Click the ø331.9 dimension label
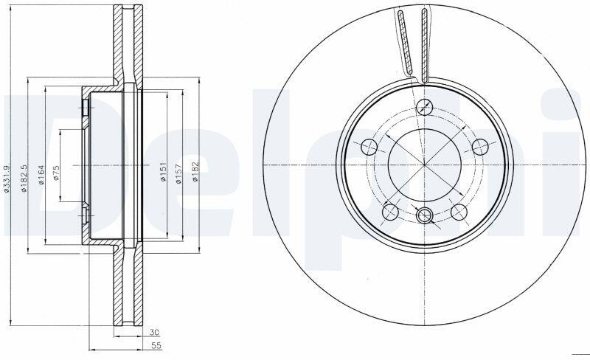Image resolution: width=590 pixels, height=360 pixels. click(x=6, y=179)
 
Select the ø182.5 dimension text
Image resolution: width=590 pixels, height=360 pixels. click(x=24, y=179)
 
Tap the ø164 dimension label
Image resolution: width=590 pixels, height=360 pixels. click(x=41, y=175)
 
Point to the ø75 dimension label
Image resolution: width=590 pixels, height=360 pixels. click(x=57, y=173)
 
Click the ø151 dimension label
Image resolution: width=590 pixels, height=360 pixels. click(x=163, y=172)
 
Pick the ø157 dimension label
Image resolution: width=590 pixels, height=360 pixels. click(x=178, y=173)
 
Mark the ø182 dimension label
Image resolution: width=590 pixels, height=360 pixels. click(x=195, y=172)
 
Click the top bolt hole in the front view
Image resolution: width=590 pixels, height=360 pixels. click(x=425, y=106)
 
